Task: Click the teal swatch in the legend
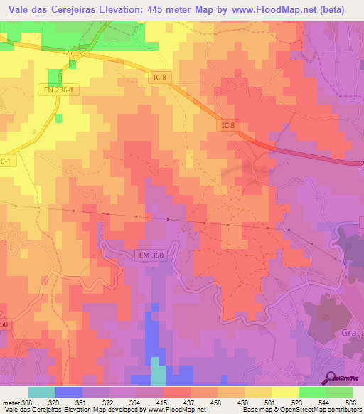42,391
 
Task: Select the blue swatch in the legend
69,391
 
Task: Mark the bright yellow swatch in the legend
285,391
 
